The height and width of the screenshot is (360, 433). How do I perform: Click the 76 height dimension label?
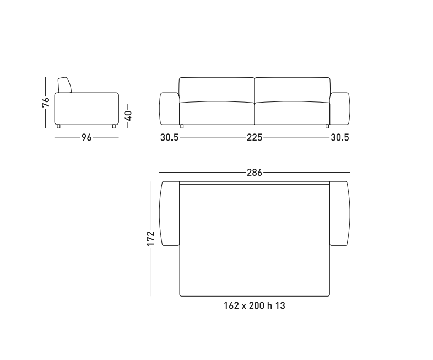pyautogui.click(x=46, y=102)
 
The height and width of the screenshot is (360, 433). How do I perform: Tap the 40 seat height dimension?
pyautogui.click(x=128, y=115)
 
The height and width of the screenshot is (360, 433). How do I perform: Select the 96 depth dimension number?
pyautogui.click(x=86, y=137)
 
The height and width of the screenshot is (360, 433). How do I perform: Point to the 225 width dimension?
pyautogui.click(x=255, y=137)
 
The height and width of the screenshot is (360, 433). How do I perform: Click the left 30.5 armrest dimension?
pyautogui.click(x=170, y=137)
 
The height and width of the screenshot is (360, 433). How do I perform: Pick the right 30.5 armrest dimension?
pyautogui.click(x=340, y=137)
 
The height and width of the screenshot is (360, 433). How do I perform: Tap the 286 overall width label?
pyautogui.click(x=255, y=173)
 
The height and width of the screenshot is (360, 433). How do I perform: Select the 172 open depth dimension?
pyautogui.click(x=150, y=238)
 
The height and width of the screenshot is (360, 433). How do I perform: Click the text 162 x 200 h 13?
pyautogui.click(x=255, y=305)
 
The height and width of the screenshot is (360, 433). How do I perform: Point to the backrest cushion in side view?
pyautogui.click(x=64, y=85)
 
